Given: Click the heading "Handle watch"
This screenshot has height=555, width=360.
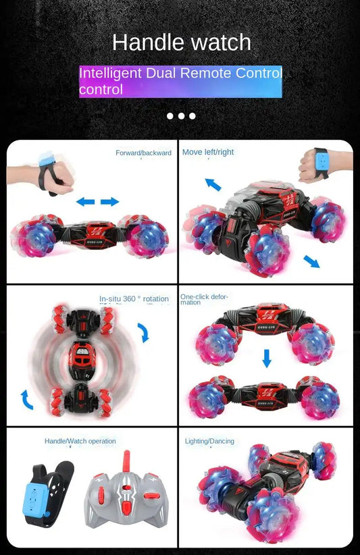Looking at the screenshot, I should click(x=181, y=43).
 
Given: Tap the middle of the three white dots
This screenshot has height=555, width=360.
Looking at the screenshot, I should click(x=181, y=115).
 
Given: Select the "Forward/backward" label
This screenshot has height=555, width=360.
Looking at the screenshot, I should click(x=143, y=153).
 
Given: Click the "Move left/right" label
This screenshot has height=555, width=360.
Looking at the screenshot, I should click(x=208, y=153).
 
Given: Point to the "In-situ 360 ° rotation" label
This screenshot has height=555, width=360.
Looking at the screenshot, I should click(x=134, y=299).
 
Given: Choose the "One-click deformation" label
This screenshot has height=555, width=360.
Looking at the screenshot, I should click(x=204, y=299).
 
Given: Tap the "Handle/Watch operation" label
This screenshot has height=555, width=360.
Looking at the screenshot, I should click(x=80, y=442).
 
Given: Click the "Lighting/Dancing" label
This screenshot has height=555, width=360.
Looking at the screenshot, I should click(x=209, y=442).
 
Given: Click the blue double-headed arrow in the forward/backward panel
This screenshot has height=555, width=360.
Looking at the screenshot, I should click(x=97, y=202).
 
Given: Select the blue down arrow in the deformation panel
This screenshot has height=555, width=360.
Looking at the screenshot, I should click(x=267, y=357).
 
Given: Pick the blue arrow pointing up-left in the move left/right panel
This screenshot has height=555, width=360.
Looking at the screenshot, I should click(x=213, y=184).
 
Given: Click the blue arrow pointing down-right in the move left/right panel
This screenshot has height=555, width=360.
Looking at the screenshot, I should click(x=312, y=261).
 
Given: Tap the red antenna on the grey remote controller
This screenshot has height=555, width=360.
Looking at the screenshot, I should click(x=126, y=464).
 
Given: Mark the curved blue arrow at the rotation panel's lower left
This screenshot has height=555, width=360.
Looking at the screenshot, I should click(x=26, y=400).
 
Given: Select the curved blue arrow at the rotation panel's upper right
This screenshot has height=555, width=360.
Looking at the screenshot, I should click(x=144, y=332).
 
